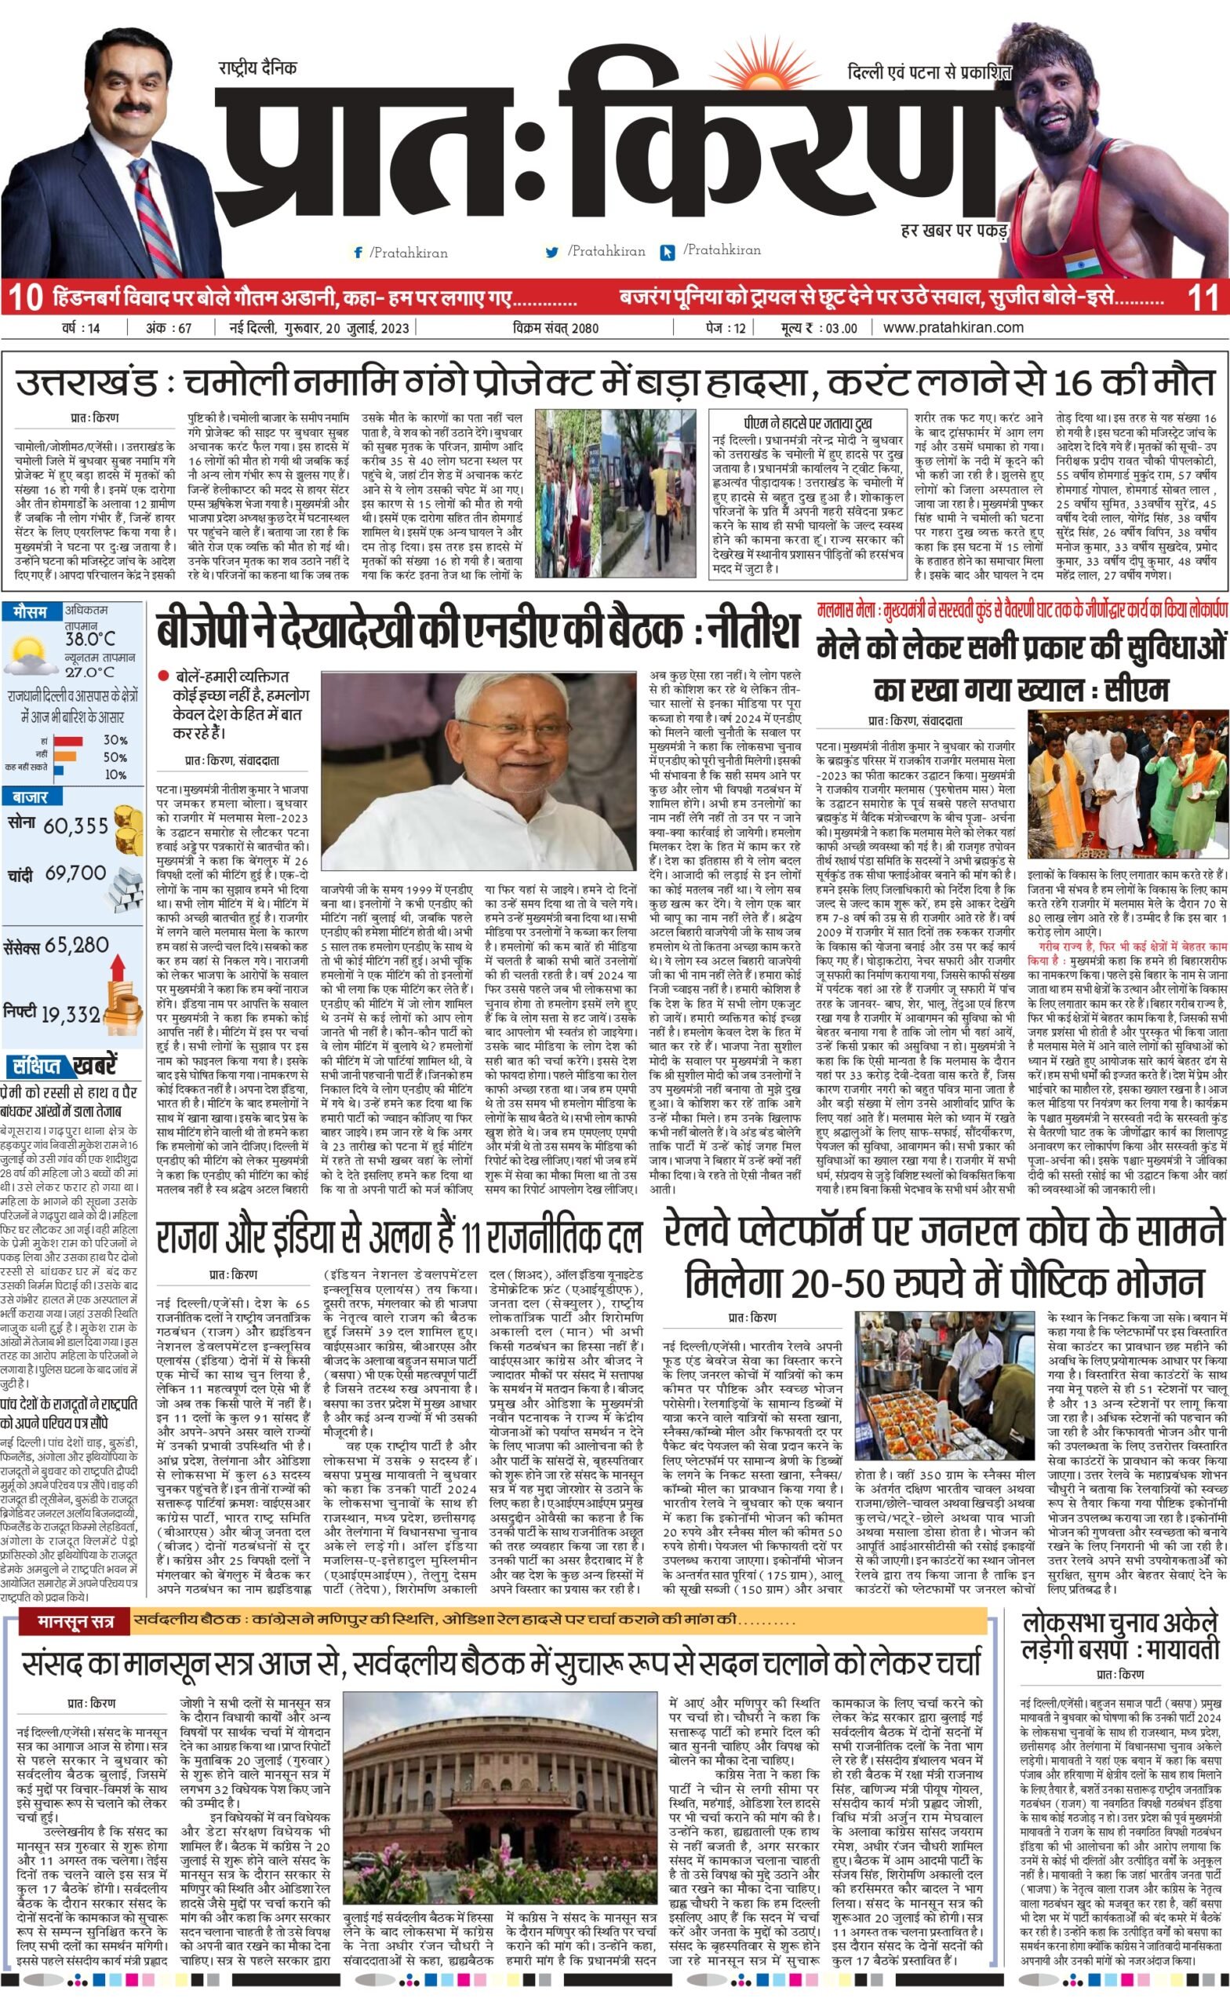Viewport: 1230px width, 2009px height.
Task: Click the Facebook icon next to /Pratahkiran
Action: [x=358, y=253]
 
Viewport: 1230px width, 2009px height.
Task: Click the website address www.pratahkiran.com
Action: [x=953, y=328]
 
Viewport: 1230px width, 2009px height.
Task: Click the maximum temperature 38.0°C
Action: [x=89, y=639]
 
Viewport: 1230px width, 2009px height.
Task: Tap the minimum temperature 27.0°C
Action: [x=89, y=673]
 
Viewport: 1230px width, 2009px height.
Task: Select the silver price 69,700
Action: [x=76, y=874]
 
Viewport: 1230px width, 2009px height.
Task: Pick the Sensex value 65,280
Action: [x=78, y=946]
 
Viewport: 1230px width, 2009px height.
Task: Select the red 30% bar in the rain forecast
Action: [x=67, y=740]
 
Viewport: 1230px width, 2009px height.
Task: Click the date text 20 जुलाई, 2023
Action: [x=370, y=328]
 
